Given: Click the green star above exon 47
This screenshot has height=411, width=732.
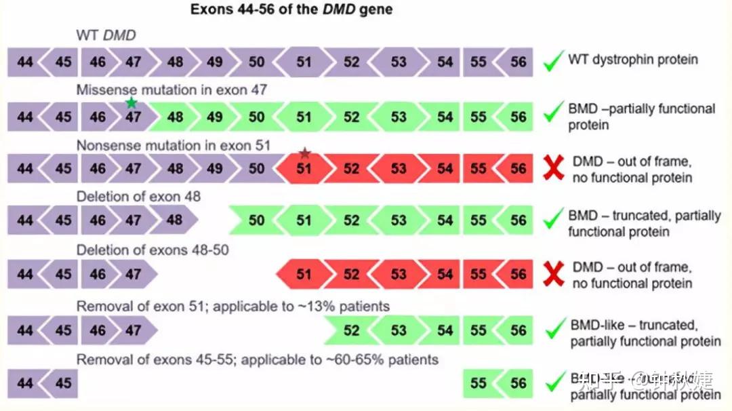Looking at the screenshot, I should coord(131,102).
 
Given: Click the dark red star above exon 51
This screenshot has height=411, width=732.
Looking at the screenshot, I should coord(305,153).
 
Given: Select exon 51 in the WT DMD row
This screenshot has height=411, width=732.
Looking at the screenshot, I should coord(304,62).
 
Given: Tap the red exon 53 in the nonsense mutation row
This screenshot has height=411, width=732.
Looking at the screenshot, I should coord(399,168).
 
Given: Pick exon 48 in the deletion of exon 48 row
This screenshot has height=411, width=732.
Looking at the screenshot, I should coord(175,220).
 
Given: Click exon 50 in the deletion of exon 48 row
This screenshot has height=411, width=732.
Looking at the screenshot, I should coord(256,220).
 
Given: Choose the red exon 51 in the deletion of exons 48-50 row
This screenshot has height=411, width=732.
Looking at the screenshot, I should coord(304,275).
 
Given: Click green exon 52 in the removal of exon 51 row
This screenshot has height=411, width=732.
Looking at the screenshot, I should coord(351,330).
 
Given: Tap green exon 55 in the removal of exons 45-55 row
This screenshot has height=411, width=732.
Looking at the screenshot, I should coord(479,383).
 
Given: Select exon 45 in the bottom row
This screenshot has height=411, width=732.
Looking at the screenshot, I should coord(63,383).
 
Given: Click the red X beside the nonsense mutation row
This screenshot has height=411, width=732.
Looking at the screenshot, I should coord(554,169).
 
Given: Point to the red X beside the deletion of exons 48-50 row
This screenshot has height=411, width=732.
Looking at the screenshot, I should coord(554,275).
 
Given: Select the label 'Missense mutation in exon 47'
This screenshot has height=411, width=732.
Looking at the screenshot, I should coord(171,90).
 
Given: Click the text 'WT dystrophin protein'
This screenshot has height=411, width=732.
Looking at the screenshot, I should coord(633,60).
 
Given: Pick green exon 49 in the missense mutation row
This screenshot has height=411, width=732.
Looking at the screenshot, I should coord(215,117).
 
